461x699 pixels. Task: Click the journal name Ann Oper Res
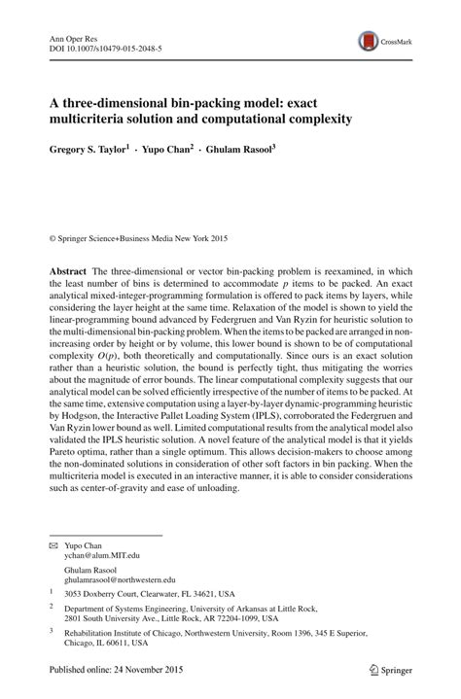(x=74, y=34)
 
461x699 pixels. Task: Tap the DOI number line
(x=105, y=46)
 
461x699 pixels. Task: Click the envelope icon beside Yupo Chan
(x=53, y=545)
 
